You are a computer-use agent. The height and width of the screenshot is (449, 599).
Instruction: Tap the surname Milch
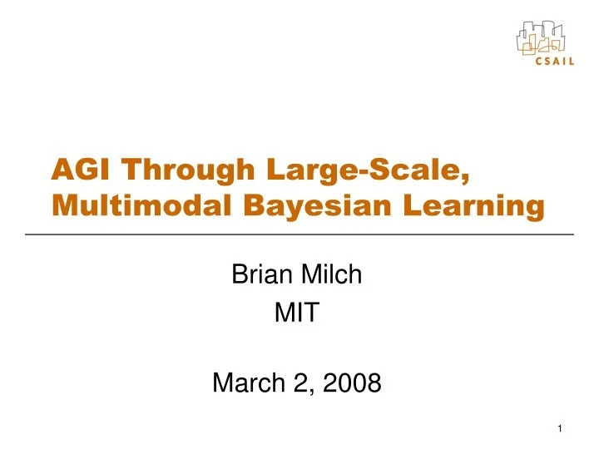tap(331, 274)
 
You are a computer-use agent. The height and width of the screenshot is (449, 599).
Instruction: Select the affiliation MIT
tap(296, 313)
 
